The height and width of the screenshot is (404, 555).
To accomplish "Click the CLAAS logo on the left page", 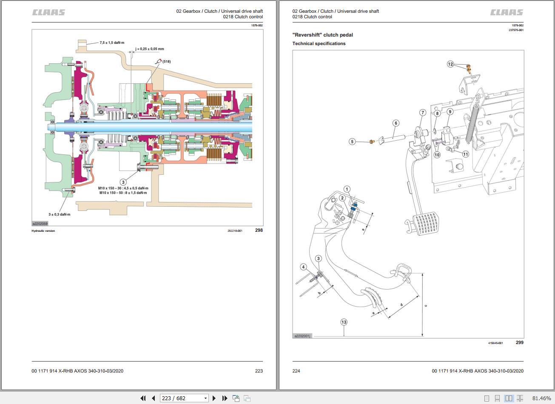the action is [x=48, y=12].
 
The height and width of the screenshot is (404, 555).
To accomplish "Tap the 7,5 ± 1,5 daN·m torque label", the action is [x=112, y=43].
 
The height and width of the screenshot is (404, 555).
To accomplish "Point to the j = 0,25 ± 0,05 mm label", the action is [x=150, y=49].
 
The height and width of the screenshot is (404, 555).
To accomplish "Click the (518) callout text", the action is [x=167, y=61].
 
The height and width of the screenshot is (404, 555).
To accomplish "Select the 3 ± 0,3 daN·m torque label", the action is [x=60, y=214].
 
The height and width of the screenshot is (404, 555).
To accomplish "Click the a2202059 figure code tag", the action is [x=40, y=224].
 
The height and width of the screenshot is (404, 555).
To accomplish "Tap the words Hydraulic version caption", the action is [x=43, y=231].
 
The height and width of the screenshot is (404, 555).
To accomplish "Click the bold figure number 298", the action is [x=259, y=230].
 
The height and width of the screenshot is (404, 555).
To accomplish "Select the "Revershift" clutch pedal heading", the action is [x=323, y=35].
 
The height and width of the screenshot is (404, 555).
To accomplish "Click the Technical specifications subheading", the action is [x=319, y=44].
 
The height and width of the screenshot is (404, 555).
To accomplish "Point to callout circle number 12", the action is [x=450, y=64].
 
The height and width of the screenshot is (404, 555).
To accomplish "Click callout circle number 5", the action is [x=352, y=142].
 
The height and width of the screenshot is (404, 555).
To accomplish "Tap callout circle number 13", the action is [x=344, y=322].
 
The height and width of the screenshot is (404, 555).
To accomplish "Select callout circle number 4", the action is [x=304, y=267].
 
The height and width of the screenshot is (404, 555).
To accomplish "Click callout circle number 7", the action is [x=423, y=113].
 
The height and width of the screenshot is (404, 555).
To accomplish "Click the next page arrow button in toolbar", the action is [x=214, y=398].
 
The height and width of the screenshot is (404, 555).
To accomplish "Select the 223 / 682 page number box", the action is [x=184, y=398].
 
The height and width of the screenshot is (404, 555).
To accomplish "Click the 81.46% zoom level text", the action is [x=542, y=398].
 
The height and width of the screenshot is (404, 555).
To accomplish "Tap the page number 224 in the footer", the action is [x=296, y=371].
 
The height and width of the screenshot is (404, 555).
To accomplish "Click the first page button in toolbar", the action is [x=143, y=398].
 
